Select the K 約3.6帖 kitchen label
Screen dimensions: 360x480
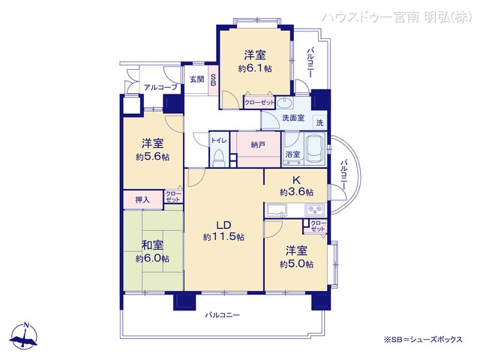[x=296, y=185]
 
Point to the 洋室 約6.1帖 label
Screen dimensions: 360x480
[x=254, y=61]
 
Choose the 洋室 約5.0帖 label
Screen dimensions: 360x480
[x=296, y=257]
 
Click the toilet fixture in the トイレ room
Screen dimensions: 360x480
[x=219, y=157]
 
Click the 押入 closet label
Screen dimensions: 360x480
[x=142, y=200]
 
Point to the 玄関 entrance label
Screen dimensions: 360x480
[x=196, y=79]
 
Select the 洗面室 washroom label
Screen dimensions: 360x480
[x=292, y=118]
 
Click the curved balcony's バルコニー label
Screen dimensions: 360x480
[x=343, y=173]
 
